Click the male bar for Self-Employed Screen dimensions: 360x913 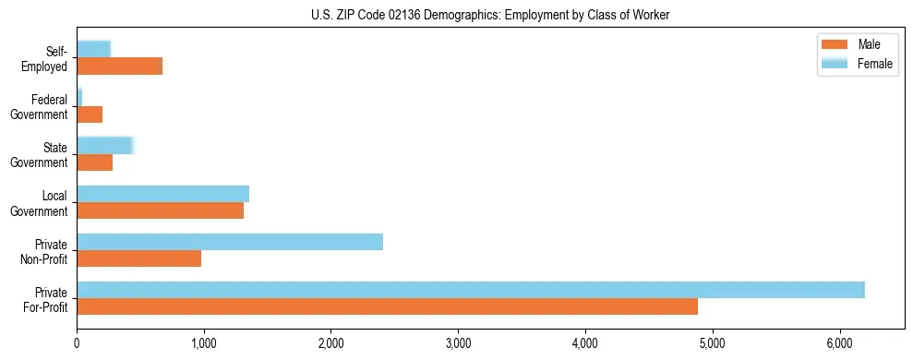(119, 66)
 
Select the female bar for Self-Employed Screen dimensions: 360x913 (93, 49)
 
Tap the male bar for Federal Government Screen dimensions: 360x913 (90, 114)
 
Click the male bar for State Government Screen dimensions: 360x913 (94, 162)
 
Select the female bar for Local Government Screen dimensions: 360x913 (162, 193)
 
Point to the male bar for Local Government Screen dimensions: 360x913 (160, 210)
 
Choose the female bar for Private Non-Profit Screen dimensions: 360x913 (230, 241)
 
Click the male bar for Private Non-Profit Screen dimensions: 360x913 (138, 258)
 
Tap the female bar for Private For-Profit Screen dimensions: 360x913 (471, 289)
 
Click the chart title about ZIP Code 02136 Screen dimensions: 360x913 (490, 15)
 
